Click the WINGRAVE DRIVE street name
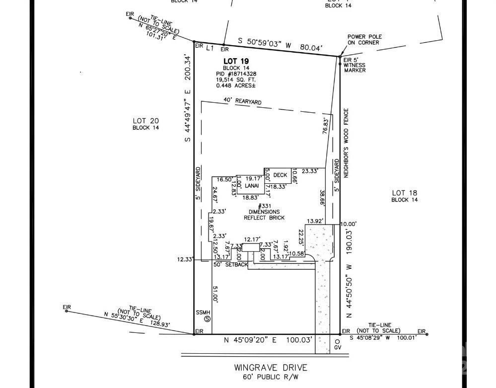pos(271,368)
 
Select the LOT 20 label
pos(145,121)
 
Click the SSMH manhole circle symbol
pos(208,319)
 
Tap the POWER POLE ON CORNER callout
pos(363,39)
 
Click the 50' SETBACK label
pos(230,265)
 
